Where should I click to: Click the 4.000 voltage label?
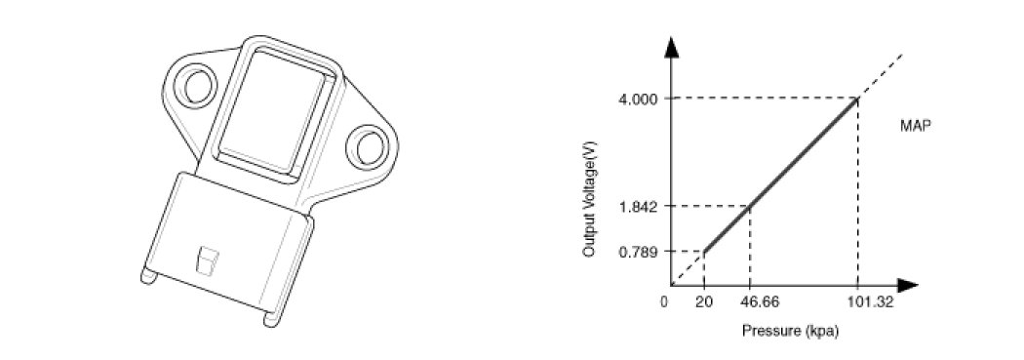638,99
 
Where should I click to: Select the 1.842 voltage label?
638,207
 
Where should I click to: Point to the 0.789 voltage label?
638,252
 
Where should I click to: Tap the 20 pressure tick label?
703,302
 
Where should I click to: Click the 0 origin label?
663,302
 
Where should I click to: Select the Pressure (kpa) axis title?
790,332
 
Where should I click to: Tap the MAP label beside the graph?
915,127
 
